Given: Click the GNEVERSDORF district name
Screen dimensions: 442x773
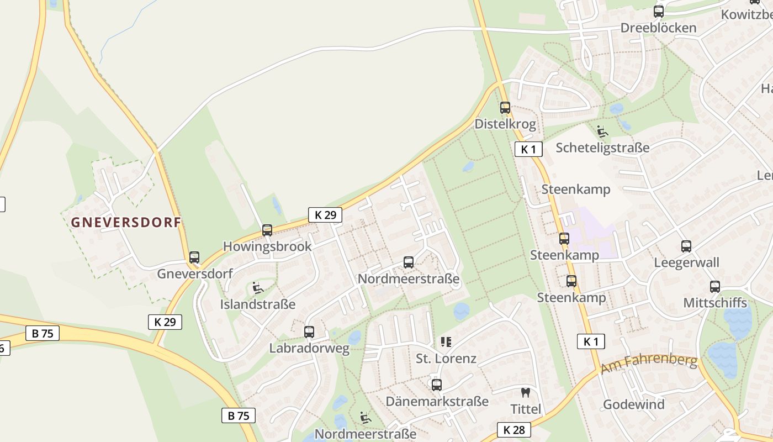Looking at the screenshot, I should [x=126, y=222].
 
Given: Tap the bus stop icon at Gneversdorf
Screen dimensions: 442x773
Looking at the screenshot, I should [x=194, y=257].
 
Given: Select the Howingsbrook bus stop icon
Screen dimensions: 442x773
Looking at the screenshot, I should [x=267, y=230].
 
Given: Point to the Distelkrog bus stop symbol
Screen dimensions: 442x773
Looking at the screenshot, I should [x=505, y=108].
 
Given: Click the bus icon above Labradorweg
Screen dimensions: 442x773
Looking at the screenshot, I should [x=309, y=332].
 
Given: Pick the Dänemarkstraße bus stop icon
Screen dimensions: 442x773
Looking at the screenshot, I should [x=437, y=385].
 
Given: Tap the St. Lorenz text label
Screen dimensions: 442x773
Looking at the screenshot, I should [x=446, y=359].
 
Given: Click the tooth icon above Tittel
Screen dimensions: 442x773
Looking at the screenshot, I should [x=525, y=393].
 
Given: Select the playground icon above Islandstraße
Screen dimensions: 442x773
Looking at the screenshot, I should [x=257, y=288].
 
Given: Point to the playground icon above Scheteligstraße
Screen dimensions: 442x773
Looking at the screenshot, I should [x=602, y=131].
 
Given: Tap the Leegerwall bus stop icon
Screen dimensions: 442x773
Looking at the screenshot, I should [x=686, y=246].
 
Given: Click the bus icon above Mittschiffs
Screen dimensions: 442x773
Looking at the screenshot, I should [x=715, y=287].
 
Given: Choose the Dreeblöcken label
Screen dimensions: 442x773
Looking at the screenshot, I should [x=658, y=28].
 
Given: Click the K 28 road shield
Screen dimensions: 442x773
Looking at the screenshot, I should [x=513, y=430].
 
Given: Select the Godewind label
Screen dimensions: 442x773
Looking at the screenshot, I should [x=634, y=404].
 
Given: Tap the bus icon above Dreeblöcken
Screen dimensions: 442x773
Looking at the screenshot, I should [x=658, y=12].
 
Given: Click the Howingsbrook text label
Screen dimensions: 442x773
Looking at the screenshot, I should [x=267, y=246].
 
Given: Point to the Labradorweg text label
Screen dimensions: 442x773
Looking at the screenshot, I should [x=309, y=349].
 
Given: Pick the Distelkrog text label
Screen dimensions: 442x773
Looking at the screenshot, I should [x=505, y=124].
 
